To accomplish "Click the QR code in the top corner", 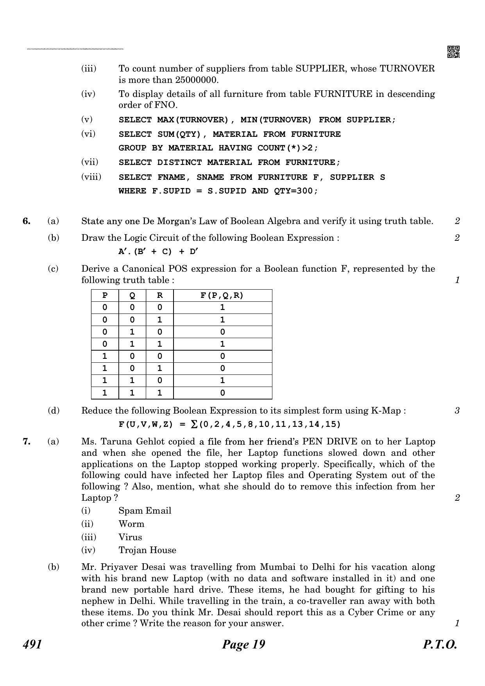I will [453, 52].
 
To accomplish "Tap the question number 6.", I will [27, 221].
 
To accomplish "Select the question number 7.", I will [27, 442].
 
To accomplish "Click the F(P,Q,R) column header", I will [222, 296].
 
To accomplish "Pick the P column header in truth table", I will [105, 296].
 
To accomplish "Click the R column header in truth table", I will [159, 296].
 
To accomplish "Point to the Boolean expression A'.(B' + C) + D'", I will [158, 252].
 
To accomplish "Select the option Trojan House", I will [147, 550].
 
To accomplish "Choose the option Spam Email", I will [145, 510].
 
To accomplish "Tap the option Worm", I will [131, 524].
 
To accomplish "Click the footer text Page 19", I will [243, 644].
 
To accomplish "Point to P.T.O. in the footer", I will [440, 644].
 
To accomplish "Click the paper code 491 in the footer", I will [32, 644].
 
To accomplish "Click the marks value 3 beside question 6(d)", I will [457, 410].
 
